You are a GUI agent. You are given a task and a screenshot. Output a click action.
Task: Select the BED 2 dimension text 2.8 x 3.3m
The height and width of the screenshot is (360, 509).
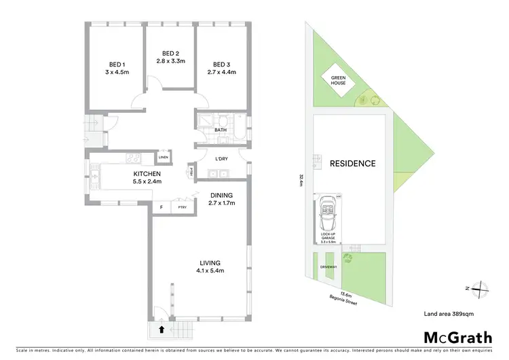[170, 60]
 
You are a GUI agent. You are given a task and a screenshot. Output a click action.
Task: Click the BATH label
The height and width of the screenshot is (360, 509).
[221, 130]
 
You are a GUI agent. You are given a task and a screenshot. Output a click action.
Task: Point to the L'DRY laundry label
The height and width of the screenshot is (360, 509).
[221, 159]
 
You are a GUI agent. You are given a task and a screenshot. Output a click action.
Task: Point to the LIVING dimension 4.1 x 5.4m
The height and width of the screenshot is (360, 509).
[210, 271]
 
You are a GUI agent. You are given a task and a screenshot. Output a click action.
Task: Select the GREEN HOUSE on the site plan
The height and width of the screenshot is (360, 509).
[339, 82]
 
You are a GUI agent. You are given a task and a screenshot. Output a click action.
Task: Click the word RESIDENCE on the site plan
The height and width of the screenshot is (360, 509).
[352, 164]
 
